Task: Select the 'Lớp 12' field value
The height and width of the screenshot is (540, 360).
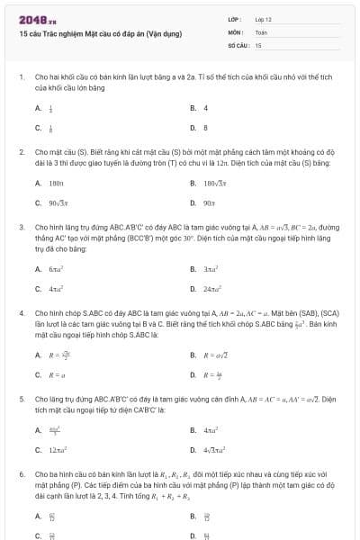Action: [263, 19]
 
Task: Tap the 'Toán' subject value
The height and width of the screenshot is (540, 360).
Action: [261, 31]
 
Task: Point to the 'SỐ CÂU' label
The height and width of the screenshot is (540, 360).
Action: [238, 44]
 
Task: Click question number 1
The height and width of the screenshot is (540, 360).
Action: [21, 77]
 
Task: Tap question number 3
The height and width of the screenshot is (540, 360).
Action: [21, 228]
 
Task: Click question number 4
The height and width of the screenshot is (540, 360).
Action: [21, 313]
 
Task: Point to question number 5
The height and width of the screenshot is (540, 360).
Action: [21, 397]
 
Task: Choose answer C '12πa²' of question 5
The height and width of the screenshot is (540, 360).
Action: [58, 449]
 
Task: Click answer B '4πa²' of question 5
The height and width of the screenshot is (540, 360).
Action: [211, 430]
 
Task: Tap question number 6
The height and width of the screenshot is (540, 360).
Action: [21, 472]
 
